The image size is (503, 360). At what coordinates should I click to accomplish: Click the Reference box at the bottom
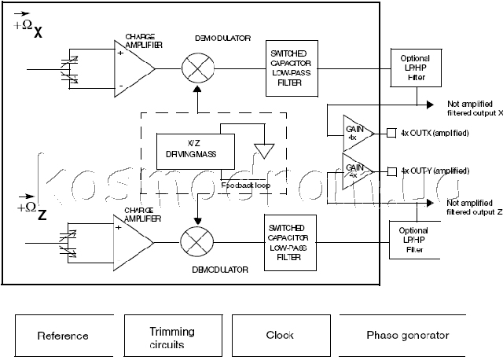point(63,336)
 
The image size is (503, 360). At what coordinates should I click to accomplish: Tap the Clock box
point(280,336)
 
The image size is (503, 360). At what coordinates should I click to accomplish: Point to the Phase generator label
point(407,336)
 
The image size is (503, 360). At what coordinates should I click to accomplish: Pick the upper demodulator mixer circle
point(193,69)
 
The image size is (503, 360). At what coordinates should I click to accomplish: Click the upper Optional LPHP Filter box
point(414,68)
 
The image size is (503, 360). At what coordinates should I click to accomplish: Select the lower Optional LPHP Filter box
point(413,241)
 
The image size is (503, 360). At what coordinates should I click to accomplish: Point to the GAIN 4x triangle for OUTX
point(353,131)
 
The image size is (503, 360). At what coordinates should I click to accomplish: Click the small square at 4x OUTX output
point(391,132)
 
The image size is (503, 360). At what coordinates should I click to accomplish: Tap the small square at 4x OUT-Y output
point(391,171)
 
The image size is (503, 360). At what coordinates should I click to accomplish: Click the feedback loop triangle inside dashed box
point(262,147)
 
